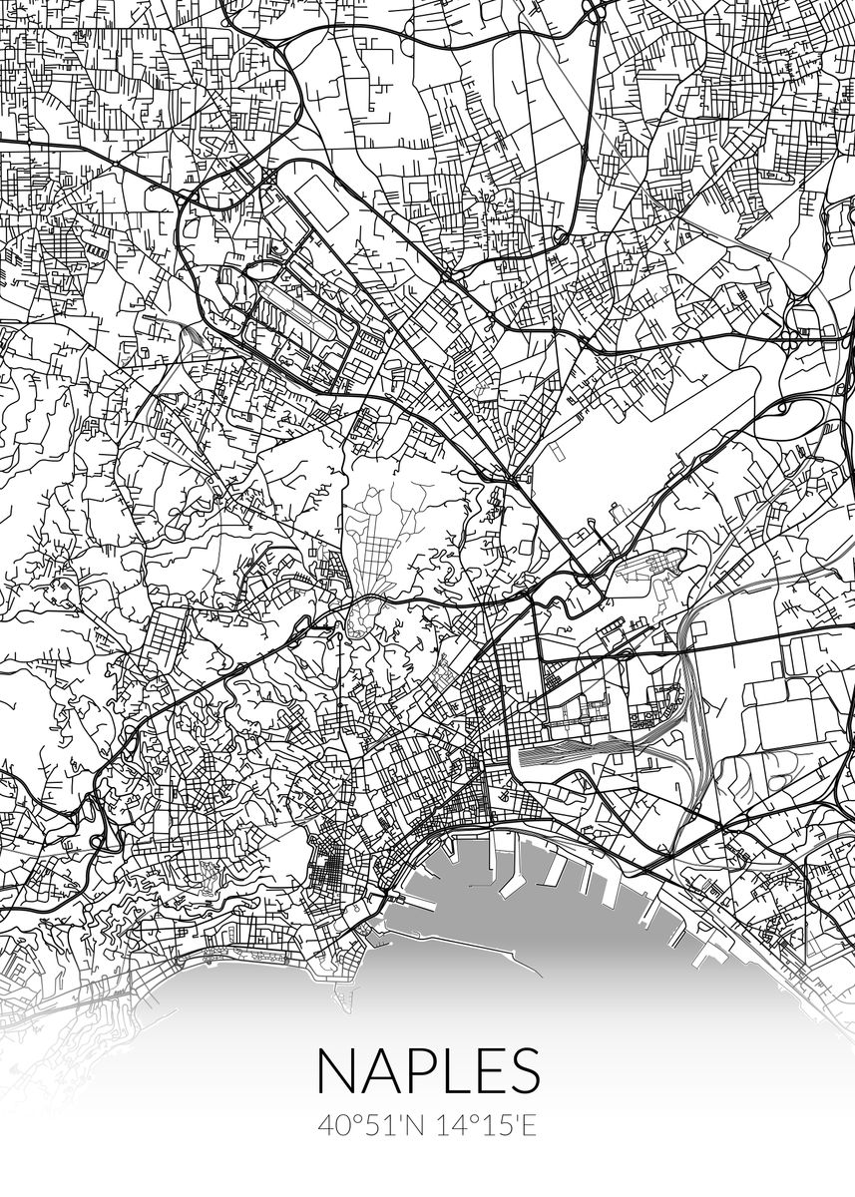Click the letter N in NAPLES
(336, 1071)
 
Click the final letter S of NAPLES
(526, 1071)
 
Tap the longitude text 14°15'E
(486, 1126)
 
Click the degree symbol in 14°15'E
(471, 1120)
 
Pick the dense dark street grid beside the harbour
(329, 867)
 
